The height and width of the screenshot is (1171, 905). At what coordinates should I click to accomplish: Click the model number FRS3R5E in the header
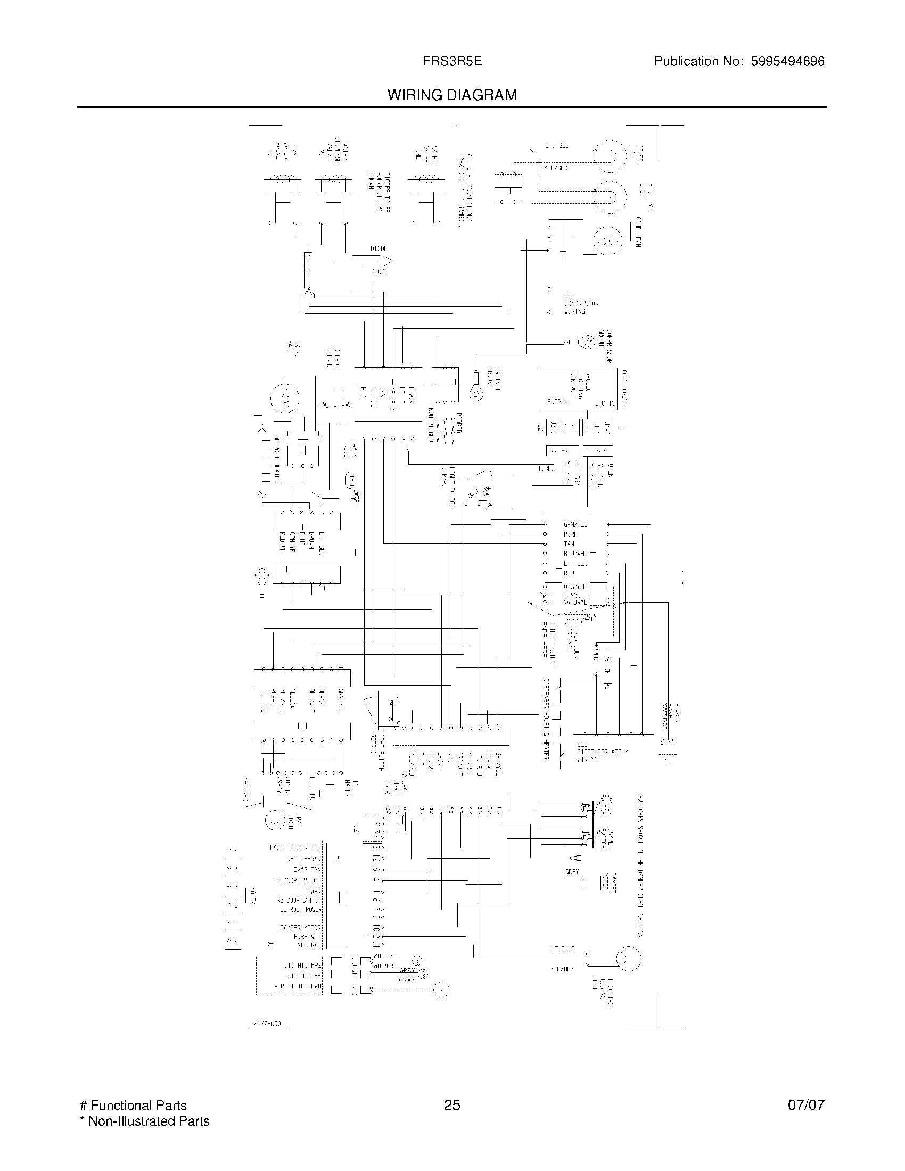452,62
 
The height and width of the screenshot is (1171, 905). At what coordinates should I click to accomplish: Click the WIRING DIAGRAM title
452,95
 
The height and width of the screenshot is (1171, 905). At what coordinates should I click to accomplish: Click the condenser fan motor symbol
607,242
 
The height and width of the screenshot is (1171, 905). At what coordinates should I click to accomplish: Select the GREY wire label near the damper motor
572,872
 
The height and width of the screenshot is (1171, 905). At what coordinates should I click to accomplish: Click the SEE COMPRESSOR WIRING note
580,303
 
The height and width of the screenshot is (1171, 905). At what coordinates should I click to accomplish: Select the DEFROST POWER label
301,909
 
